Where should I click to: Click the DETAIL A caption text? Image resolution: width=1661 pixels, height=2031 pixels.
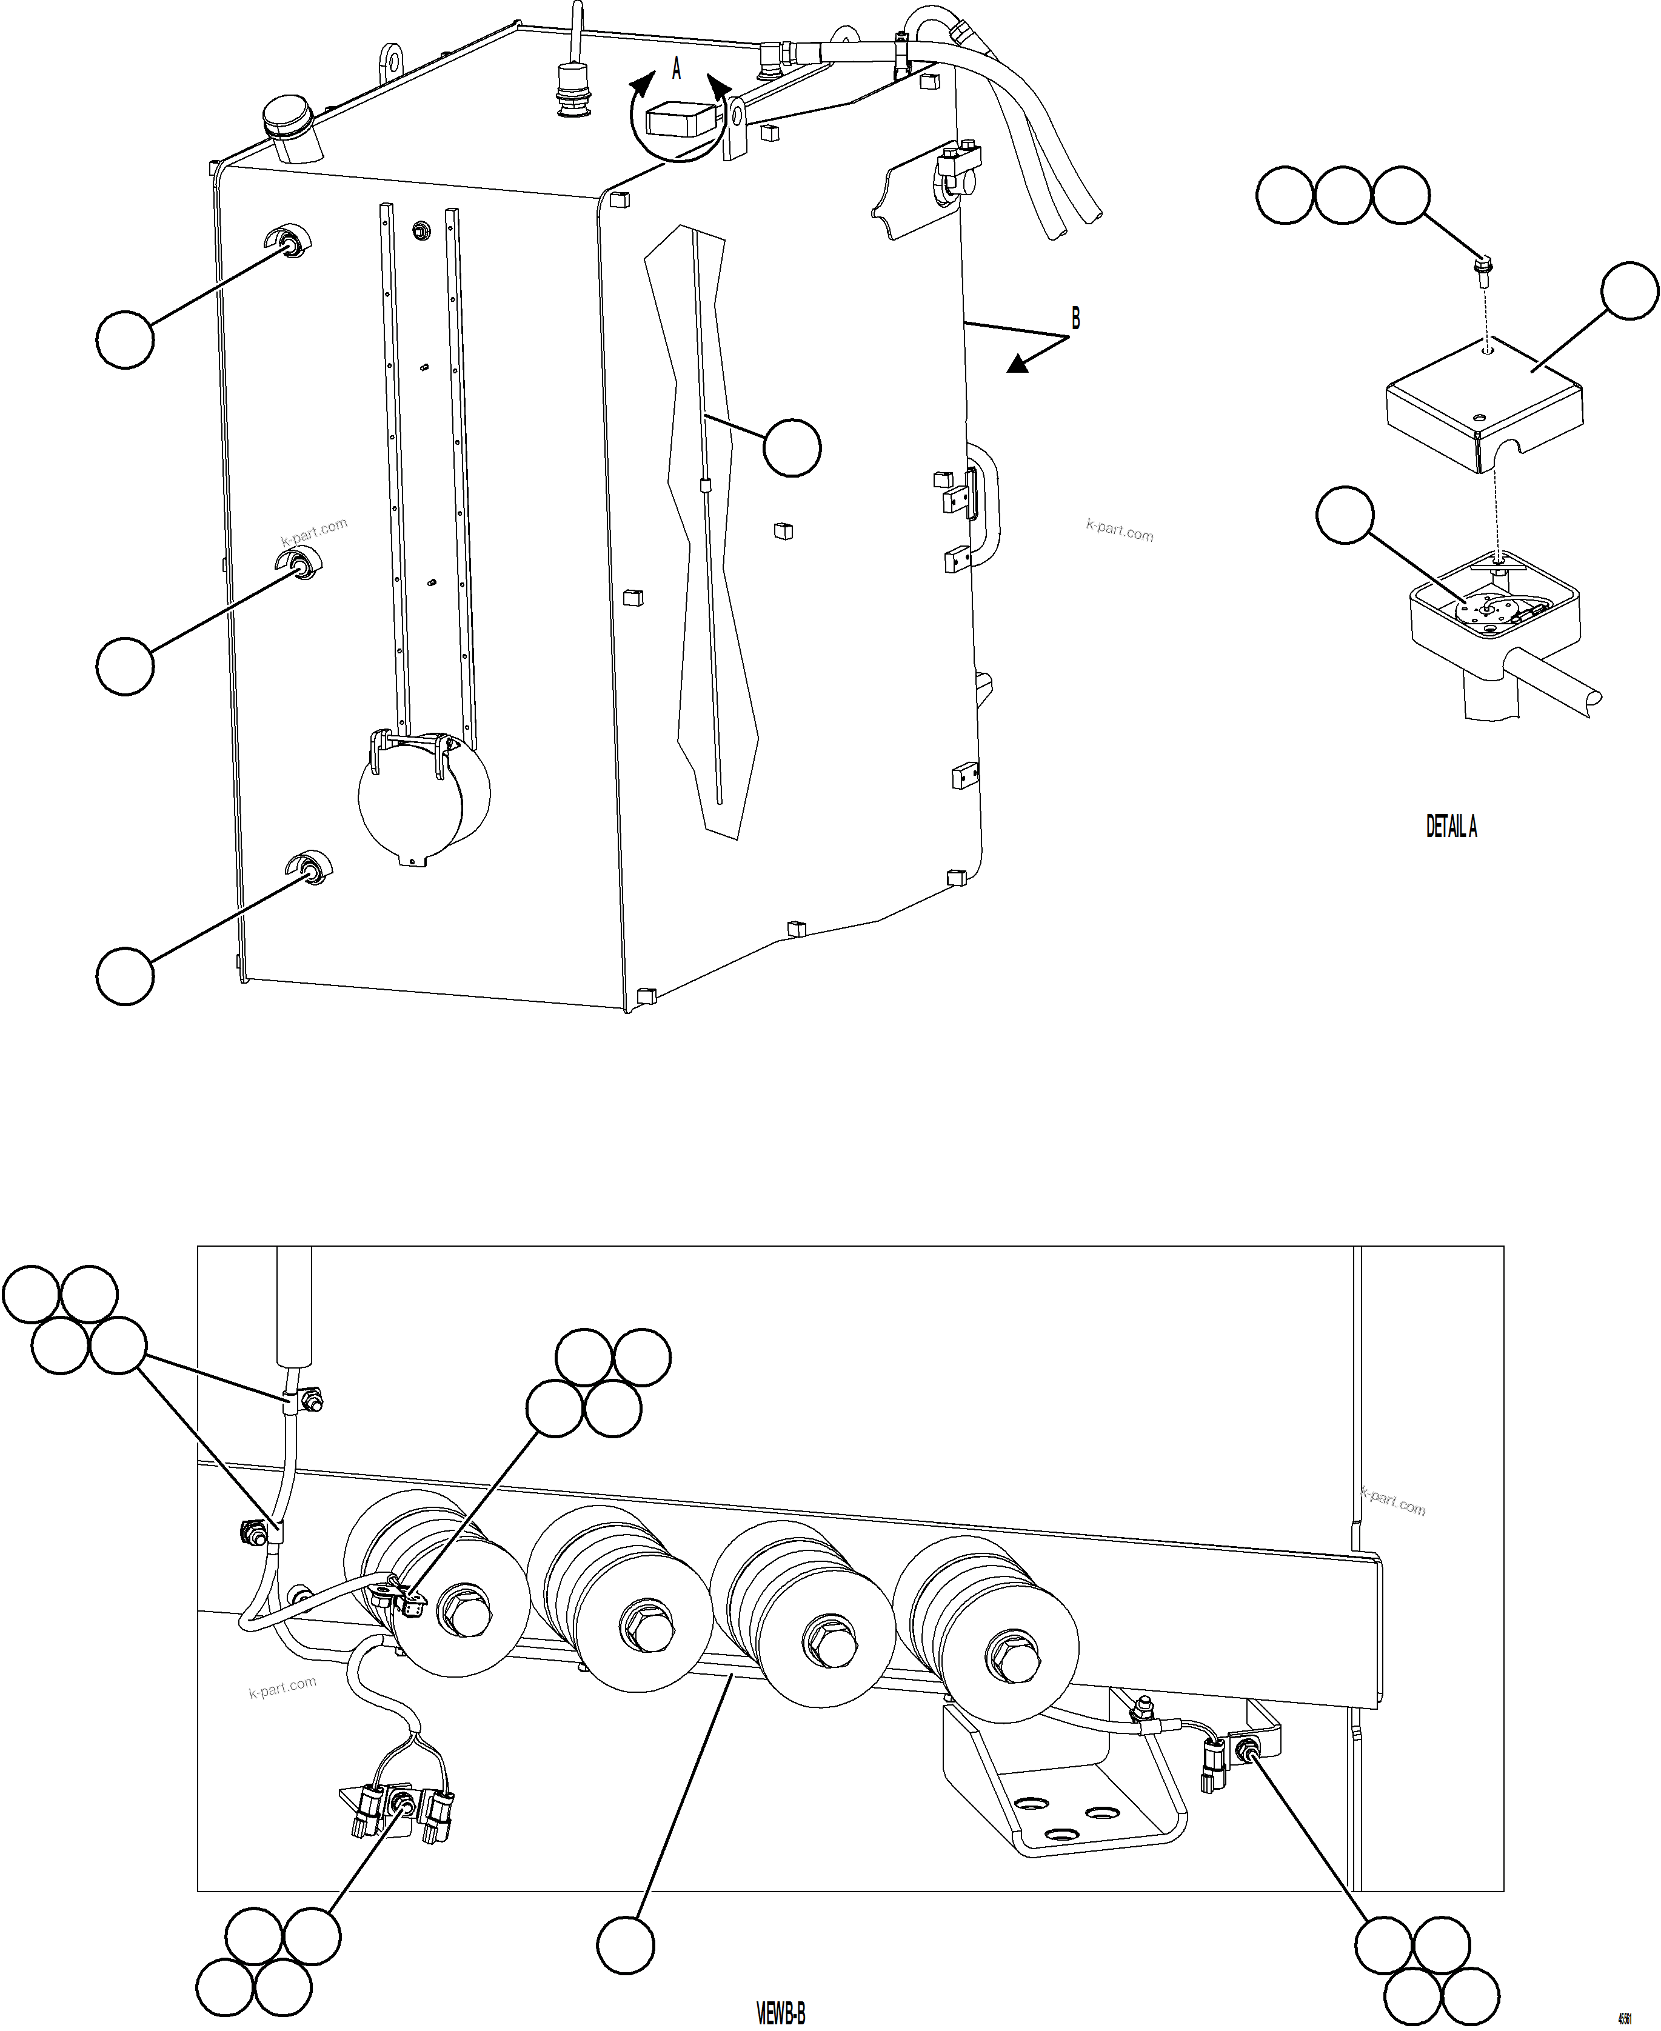pos(1451,827)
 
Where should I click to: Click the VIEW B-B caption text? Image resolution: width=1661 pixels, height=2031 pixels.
pos(781,2013)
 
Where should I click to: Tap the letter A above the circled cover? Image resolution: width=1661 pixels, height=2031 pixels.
pos(677,68)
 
